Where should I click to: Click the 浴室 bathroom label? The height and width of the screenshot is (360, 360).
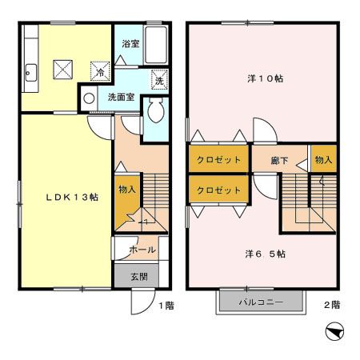(130, 44)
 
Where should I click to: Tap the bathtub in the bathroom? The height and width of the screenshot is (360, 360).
(156, 45)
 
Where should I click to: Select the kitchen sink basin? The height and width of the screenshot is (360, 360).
(31, 73)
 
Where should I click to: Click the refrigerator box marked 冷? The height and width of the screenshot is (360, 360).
(100, 71)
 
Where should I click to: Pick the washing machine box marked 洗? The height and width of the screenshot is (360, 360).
(159, 80)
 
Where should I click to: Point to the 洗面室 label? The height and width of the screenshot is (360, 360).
(121, 97)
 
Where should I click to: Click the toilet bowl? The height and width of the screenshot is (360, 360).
(156, 110)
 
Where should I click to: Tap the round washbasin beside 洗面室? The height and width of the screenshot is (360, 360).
(89, 98)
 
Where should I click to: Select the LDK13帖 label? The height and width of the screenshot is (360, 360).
(72, 198)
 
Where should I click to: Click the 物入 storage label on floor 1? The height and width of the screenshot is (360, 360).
(127, 190)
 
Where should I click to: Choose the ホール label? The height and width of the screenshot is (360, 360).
(142, 250)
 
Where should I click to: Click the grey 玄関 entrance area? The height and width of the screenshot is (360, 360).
(137, 276)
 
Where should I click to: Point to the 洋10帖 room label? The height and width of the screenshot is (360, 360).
(266, 78)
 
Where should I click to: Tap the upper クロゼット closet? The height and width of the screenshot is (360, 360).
(218, 160)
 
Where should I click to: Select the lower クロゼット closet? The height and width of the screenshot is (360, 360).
(218, 190)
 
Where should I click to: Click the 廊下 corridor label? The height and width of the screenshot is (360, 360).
(279, 161)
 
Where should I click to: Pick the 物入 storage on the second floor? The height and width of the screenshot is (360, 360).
(324, 159)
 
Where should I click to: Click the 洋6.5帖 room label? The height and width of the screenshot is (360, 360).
(266, 254)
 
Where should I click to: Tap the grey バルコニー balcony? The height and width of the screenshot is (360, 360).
(261, 302)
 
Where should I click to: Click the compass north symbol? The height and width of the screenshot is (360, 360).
(334, 331)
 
